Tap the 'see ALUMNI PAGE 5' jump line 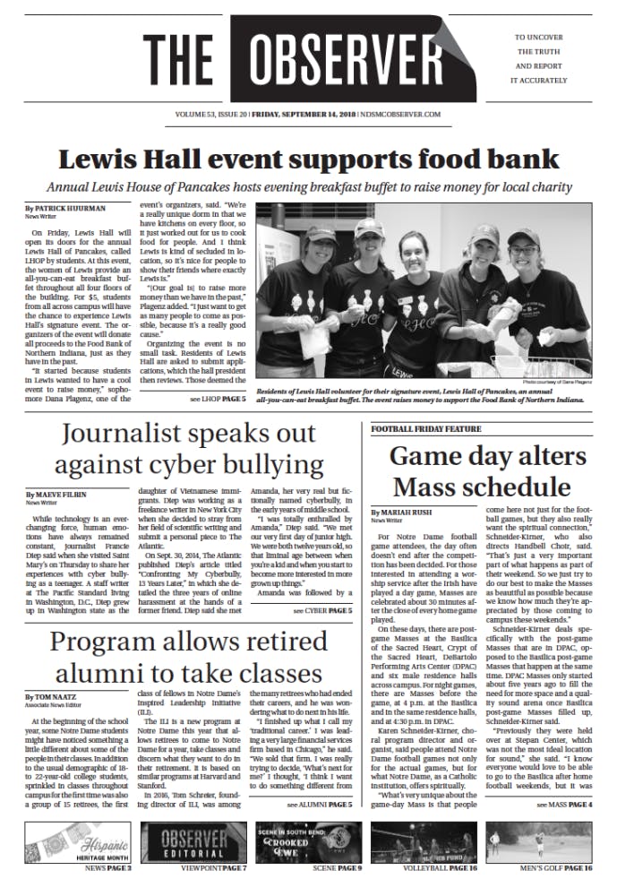[x=320, y=806]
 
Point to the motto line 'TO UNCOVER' [x=541, y=39]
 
